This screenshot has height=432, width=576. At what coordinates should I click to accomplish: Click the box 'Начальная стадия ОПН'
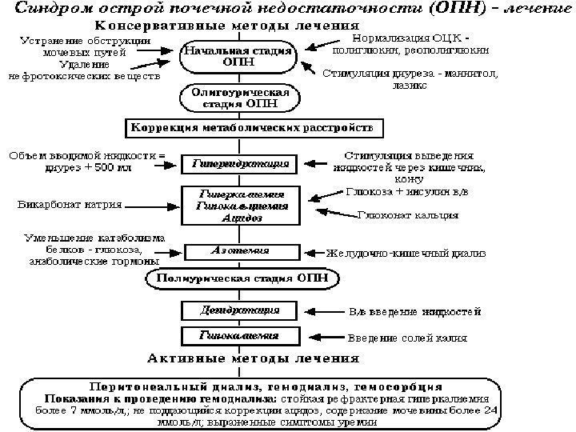[x=238, y=57]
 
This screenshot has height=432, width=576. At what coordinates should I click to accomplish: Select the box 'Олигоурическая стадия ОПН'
[x=238, y=98]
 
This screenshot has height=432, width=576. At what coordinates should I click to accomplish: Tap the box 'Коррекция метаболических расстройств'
[x=251, y=129]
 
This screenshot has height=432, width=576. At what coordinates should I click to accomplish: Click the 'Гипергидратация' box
[x=238, y=164]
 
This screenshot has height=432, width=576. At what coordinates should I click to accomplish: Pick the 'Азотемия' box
[x=238, y=251]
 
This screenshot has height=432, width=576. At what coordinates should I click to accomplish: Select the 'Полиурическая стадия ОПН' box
[x=238, y=279]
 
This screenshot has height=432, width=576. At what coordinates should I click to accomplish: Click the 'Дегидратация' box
[x=238, y=309]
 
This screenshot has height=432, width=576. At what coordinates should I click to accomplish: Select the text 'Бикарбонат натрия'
[x=70, y=206]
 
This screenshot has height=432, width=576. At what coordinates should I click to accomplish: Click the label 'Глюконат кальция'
[x=407, y=215]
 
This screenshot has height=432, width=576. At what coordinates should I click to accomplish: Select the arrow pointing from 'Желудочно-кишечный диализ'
[x=306, y=253]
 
